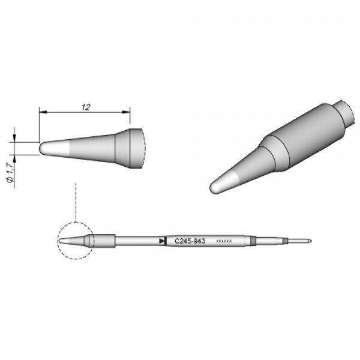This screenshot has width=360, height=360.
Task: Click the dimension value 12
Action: (85, 107)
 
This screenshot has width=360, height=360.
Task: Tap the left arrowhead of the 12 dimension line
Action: (41, 113)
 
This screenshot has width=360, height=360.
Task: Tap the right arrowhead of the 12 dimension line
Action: (127, 113)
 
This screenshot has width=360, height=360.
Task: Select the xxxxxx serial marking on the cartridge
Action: (224, 241)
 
